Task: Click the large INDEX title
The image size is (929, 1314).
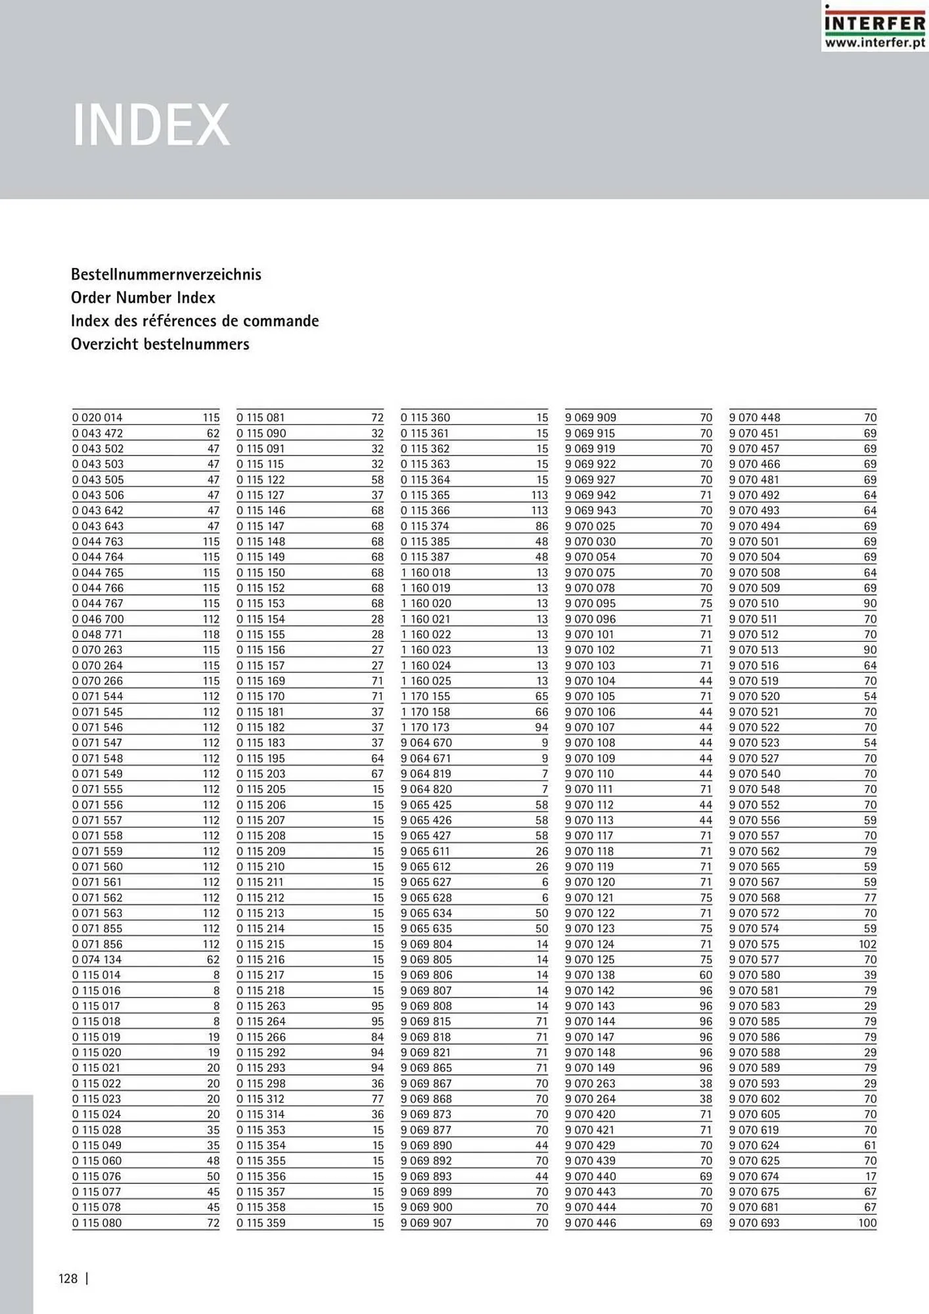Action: (x=151, y=125)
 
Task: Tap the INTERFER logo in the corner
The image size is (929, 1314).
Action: (x=874, y=23)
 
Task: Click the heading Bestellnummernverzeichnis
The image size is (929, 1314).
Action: (x=166, y=275)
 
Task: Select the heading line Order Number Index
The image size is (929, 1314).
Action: (x=143, y=298)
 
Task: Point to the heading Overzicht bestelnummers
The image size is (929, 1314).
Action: (x=160, y=344)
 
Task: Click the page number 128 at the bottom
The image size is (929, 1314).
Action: (x=68, y=1279)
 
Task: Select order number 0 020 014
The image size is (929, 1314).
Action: (x=97, y=418)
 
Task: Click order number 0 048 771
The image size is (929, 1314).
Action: (x=97, y=635)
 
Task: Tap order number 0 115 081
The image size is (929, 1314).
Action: (x=261, y=418)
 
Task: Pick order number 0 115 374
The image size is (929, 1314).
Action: (x=425, y=526)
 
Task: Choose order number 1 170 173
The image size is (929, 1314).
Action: (x=425, y=727)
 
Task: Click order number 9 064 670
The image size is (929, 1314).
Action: (x=426, y=743)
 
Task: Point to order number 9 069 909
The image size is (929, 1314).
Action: (x=590, y=418)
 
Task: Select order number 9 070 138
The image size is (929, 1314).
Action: (x=589, y=975)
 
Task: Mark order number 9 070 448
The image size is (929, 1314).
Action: (x=754, y=418)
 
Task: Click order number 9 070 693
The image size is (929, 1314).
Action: (x=754, y=1223)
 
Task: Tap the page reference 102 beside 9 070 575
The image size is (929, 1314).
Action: (x=867, y=944)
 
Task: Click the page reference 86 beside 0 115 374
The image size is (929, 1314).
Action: (x=541, y=526)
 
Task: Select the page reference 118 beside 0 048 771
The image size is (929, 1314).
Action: (x=211, y=635)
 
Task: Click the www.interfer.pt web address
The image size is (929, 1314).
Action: (x=874, y=43)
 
